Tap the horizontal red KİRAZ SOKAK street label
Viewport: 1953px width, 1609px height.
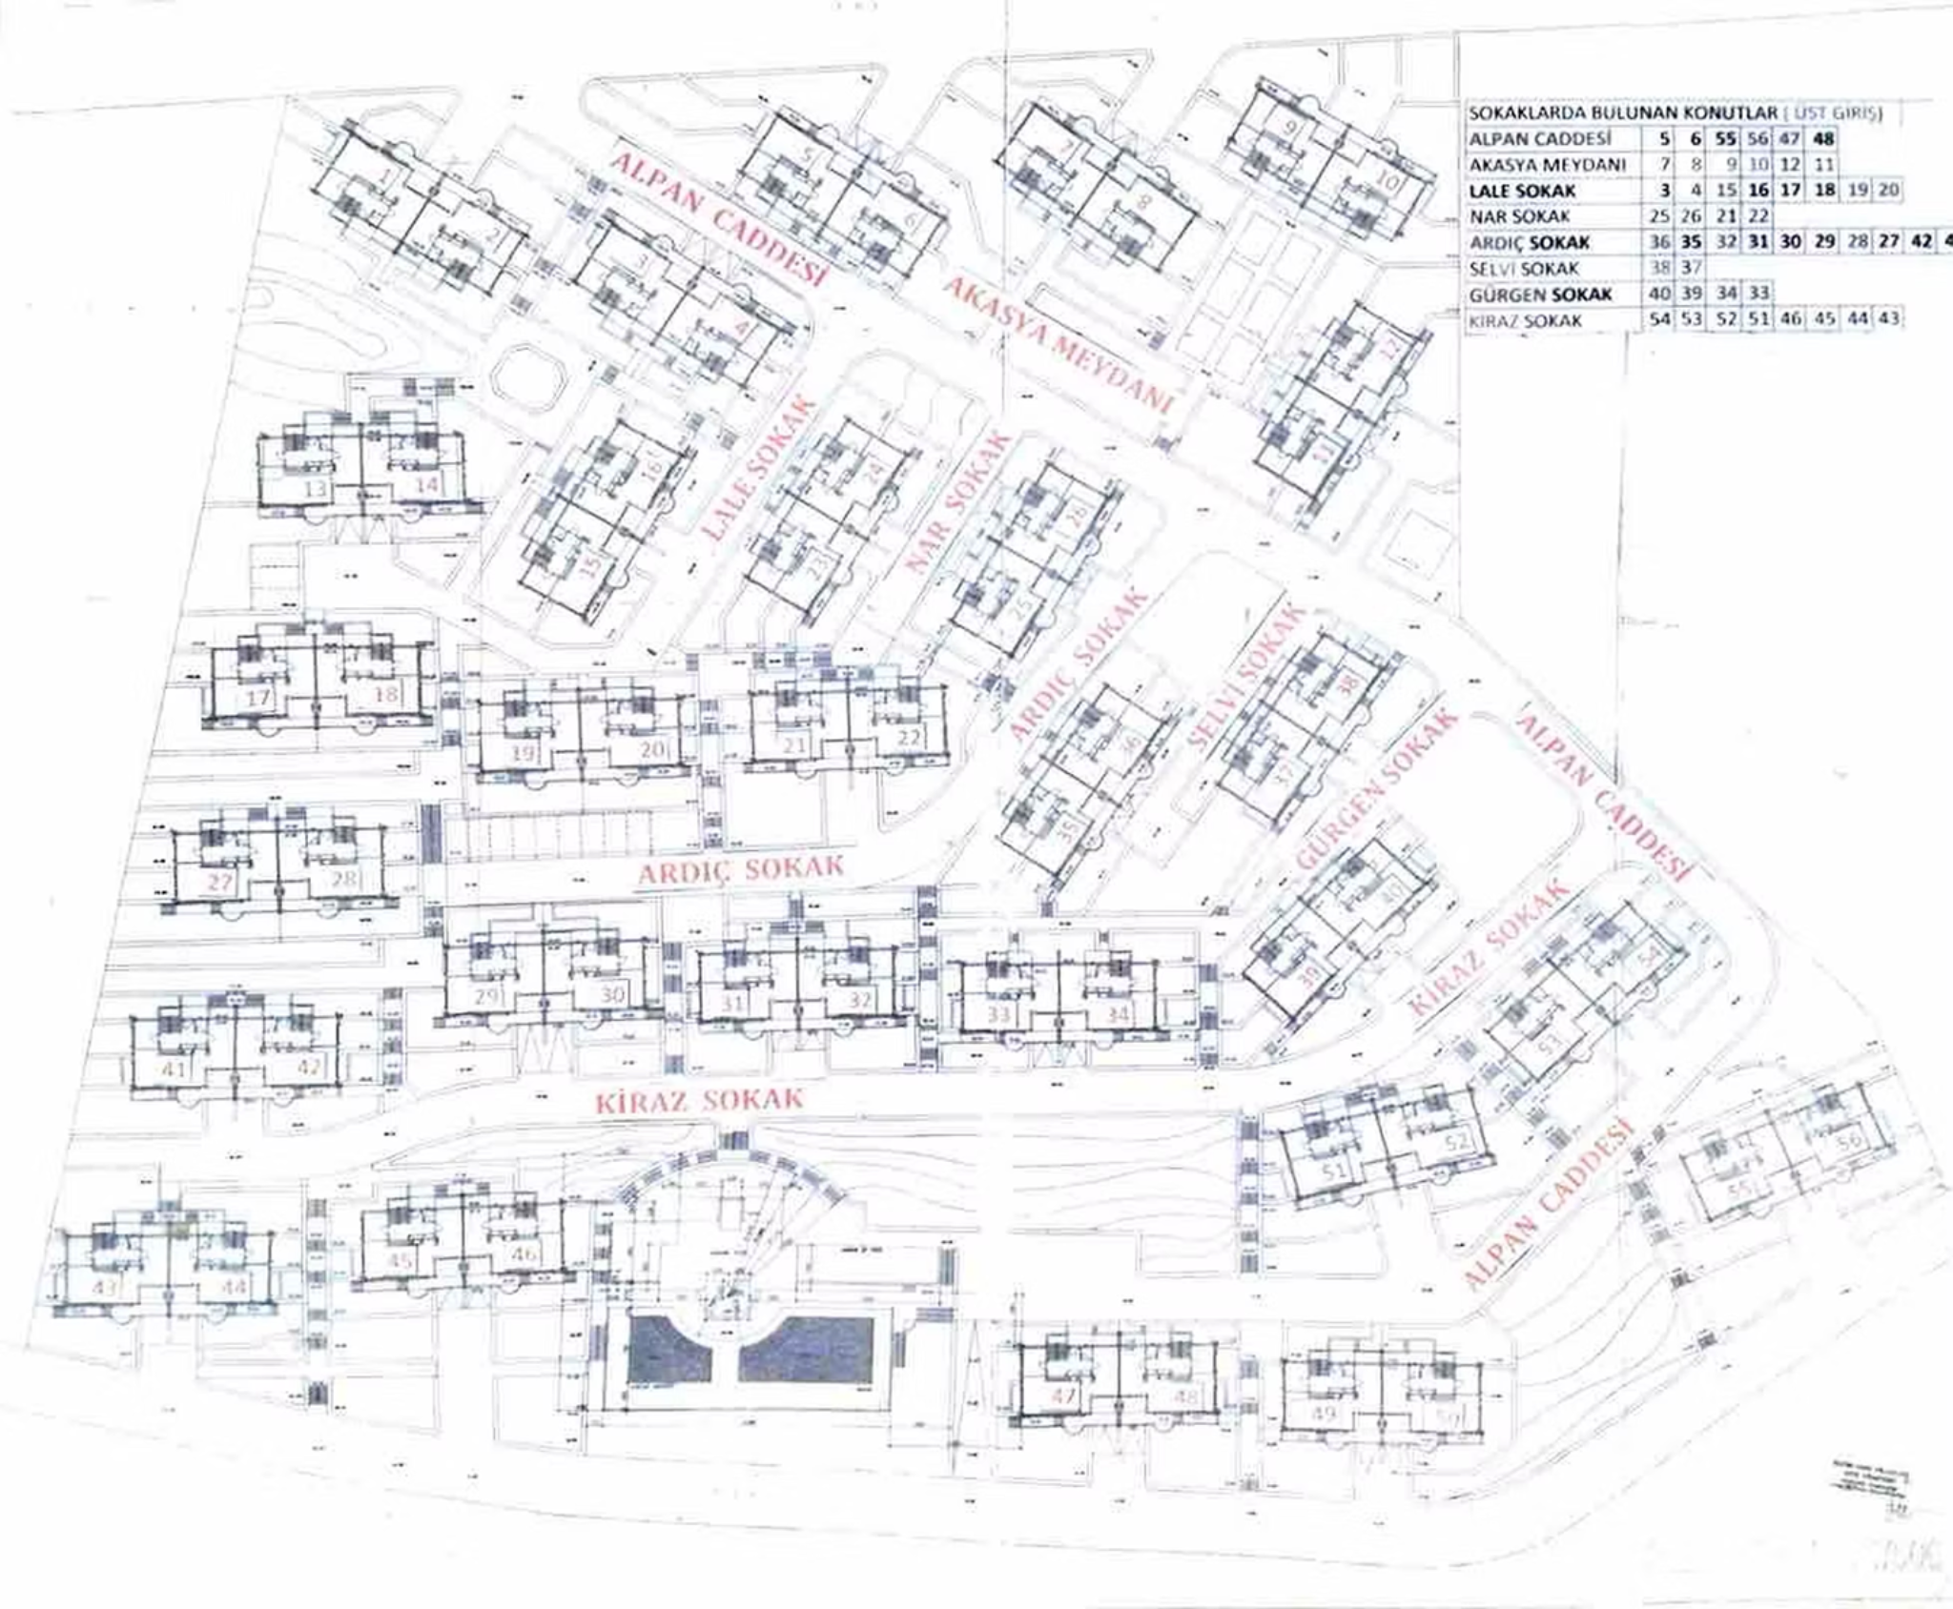[x=700, y=1101]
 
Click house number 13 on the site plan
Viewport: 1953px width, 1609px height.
[x=315, y=489]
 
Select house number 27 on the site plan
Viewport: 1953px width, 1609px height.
[x=220, y=881]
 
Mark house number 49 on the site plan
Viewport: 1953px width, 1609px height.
[x=1324, y=1414]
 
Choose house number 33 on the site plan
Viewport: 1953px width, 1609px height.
[x=998, y=1014]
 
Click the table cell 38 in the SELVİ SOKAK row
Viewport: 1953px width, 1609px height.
[x=1660, y=269]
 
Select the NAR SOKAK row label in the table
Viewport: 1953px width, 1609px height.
[x=1519, y=216]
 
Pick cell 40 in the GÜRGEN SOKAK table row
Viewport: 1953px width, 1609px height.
[x=1660, y=295]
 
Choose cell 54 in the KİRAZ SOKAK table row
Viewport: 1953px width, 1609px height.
[x=1660, y=320]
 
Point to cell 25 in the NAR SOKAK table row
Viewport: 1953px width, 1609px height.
[x=1660, y=216]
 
